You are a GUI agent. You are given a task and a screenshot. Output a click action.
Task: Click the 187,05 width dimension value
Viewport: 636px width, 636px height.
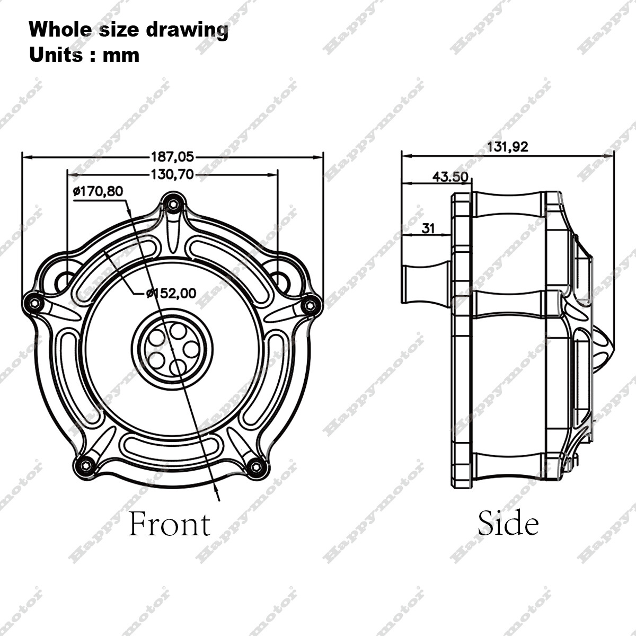click(173, 157)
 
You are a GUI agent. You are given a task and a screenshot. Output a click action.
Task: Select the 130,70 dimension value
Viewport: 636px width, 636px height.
click(173, 174)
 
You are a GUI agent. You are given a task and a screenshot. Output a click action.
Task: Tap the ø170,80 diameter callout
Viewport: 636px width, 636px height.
click(98, 191)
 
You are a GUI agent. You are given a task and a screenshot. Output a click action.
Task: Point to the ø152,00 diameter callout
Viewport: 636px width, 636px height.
click(171, 293)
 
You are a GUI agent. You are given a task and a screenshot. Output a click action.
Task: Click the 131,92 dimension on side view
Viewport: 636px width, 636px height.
click(507, 147)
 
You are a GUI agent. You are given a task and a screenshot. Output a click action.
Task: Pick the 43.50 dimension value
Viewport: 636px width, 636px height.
click(450, 176)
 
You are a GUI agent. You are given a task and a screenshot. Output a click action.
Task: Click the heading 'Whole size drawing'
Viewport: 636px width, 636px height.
click(129, 30)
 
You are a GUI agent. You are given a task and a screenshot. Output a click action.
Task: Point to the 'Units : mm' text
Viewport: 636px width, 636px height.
click(84, 55)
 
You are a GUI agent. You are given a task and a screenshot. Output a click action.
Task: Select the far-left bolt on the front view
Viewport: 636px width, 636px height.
click(34, 303)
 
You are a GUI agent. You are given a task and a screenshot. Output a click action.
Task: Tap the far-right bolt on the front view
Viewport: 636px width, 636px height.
click(311, 304)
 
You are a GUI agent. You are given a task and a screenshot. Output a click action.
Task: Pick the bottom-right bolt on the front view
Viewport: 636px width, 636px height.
click(257, 466)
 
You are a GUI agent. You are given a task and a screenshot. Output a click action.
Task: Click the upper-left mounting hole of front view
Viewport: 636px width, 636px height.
click(65, 280)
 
